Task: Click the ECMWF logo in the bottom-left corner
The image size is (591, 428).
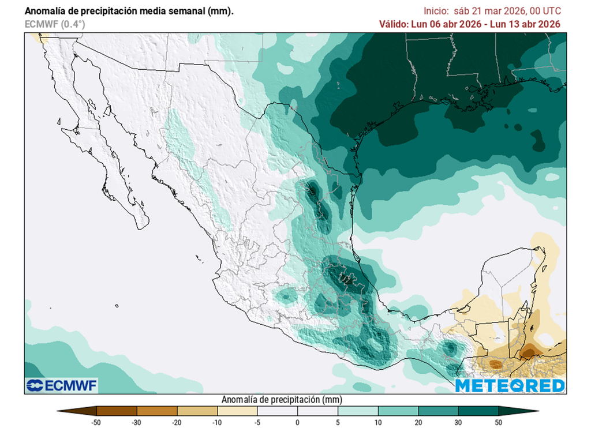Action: click(x=62, y=385)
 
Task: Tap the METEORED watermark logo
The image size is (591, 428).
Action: click(x=510, y=385)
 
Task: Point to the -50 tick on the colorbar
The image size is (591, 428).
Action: click(x=97, y=422)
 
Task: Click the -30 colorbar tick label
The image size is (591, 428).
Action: click(x=137, y=422)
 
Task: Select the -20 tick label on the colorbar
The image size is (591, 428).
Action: click(x=177, y=422)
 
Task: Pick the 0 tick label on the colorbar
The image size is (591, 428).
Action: click(x=297, y=422)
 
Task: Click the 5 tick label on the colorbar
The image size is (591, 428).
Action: click(x=338, y=422)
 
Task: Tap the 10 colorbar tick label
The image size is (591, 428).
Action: click(x=377, y=422)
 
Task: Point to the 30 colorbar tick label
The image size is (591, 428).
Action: click(x=458, y=422)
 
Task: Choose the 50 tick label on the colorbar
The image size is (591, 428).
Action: click(x=498, y=422)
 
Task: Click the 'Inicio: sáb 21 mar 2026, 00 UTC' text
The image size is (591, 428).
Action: click(x=492, y=11)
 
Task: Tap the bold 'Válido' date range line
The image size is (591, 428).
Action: click(x=470, y=24)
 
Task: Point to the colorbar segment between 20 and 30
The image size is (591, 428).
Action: click(x=438, y=411)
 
